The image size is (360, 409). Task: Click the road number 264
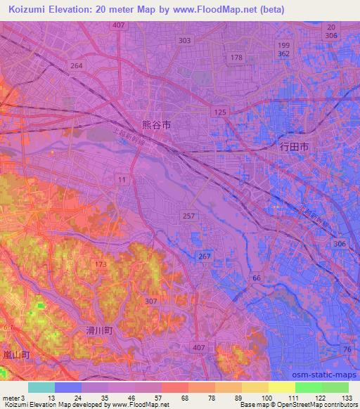[x=77, y=65]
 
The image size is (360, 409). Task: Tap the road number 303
[x=184, y=40]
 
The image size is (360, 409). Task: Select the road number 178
[x=237, y=58]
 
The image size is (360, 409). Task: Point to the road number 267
[x=205, y=257]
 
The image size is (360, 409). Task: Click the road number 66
[x=257, y=278]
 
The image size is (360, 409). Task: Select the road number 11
[x=122, y=181]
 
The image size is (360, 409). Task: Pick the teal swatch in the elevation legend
[x=41, y=387]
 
